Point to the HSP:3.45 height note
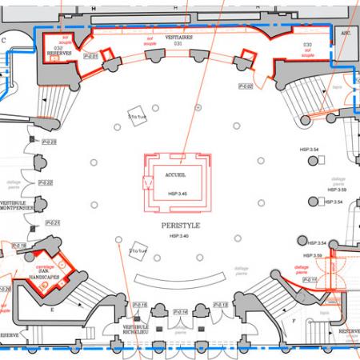(177, 194)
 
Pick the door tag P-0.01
(90, 56)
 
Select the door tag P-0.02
(246, 86)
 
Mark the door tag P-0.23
(50, 142)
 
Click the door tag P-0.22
(46, 182)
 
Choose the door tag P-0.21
(52, 223)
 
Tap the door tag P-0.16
(139, 305)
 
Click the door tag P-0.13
(221, 305)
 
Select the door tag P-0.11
(310, 280)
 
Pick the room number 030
(307, 45)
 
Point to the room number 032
(58, 48)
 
